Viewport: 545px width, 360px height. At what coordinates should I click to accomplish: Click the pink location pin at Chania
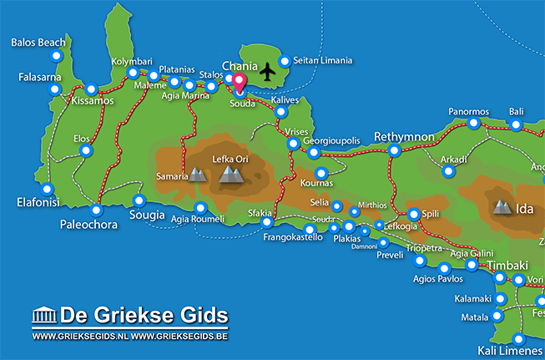pos(238,83)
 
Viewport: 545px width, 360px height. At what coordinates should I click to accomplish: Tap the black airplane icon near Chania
pos(267,73)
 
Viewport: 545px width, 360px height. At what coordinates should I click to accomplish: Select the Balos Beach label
pos(39,42)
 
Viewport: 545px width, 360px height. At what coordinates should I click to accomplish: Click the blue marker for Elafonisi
pos(47,189)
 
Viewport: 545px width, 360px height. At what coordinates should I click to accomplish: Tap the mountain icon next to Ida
pos(502,205)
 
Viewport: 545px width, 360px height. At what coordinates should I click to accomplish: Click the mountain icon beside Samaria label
pos(197,175)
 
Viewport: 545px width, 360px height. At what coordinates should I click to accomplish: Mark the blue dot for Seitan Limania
pos(285,61)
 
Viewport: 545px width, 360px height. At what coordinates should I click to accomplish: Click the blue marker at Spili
pos(412,213)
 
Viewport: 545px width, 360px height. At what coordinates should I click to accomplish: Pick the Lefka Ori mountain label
pos(230,158)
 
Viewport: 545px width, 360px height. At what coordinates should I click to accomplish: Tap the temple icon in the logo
pos(43,316)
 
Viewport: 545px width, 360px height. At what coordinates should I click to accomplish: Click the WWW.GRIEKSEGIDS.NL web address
pos(80,337)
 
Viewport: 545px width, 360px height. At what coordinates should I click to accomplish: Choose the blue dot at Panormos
pos(474,123)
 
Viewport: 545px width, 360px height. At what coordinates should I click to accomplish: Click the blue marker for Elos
pos(85,151)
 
